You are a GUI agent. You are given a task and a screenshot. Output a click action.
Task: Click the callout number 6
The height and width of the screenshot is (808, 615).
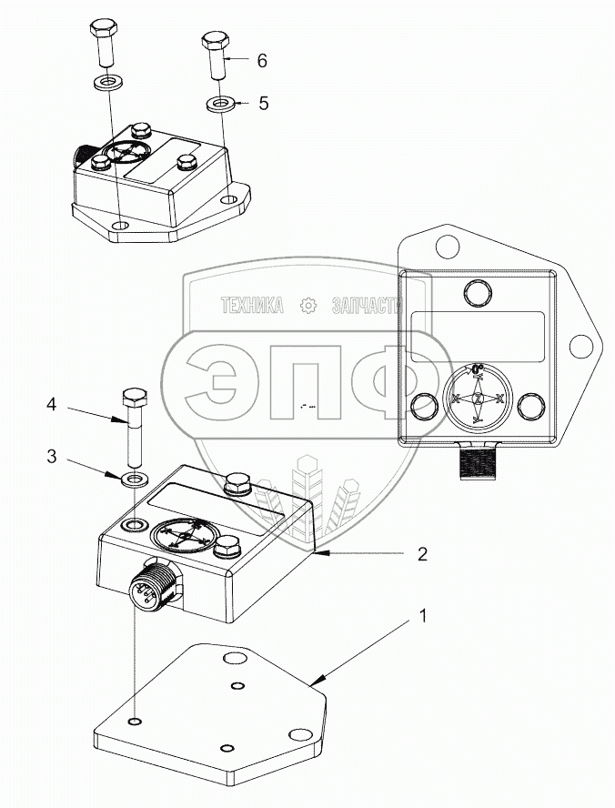(x=262, y=61)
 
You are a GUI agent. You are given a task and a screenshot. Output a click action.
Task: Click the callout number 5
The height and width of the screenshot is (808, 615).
(x=263, y=104)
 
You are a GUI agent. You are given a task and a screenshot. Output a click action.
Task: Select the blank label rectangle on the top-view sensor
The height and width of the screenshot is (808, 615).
(x=479, y=334)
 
